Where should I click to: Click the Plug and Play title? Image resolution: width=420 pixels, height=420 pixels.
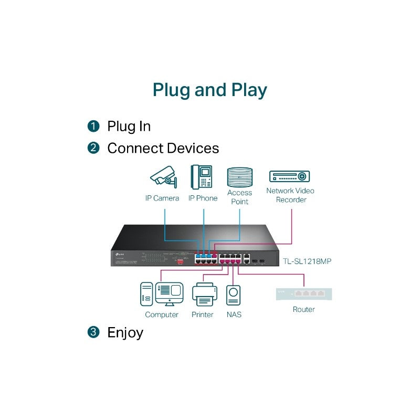point(209,90)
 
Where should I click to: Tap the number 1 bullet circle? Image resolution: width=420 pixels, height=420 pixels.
point(93,127)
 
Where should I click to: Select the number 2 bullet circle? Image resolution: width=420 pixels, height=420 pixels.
point(93,149)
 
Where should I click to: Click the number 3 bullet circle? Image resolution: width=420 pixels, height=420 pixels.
point(93,332)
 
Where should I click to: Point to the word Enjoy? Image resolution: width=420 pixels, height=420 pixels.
point(125,332)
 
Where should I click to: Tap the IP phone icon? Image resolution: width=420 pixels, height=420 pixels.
point(202,177)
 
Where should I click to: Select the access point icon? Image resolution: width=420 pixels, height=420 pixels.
point(240,177)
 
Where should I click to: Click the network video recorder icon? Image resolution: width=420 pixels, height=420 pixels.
point(289,176)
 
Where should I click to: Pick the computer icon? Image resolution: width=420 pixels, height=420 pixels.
point(162,294)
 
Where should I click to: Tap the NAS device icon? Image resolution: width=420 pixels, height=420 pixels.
point(234,295)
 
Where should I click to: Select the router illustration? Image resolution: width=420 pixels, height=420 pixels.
point(304,294)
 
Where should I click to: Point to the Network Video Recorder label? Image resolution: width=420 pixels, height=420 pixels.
point(290,195)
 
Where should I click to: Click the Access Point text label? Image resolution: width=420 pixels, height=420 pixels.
point(239,197)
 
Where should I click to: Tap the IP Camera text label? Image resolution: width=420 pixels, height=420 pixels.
point(162,198)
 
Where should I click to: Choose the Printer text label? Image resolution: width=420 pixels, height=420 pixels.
point(203,314)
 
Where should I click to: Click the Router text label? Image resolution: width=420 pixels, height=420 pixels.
point(303,309)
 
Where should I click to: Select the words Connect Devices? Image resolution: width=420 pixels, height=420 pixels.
point(163,149)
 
